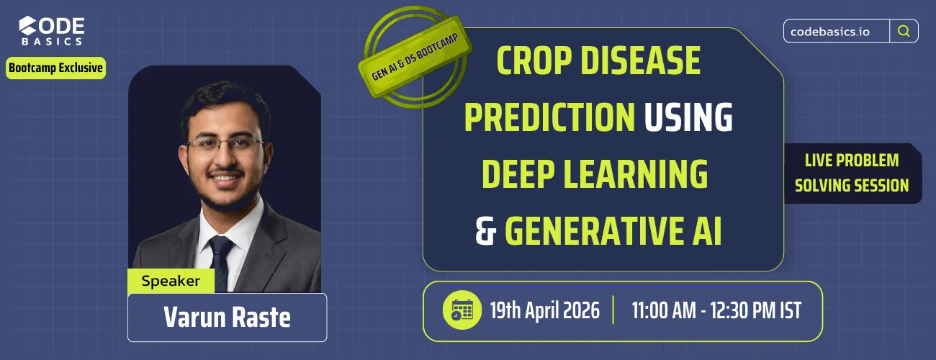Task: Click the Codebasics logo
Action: tap(52, 32)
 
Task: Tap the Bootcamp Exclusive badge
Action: tap(55, 68)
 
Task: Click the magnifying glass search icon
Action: tap(904, 31)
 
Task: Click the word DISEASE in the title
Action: tap(642, 61)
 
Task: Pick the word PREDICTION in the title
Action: tap(549, 117)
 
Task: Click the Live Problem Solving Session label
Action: tap(852, 173)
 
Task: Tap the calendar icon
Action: tap(462, 311)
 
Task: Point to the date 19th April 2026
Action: tap(544, 311)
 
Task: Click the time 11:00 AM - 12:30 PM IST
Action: tap(716, 311)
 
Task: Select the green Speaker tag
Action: tap(171, 281)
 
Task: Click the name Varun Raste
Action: tap(227, 317)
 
